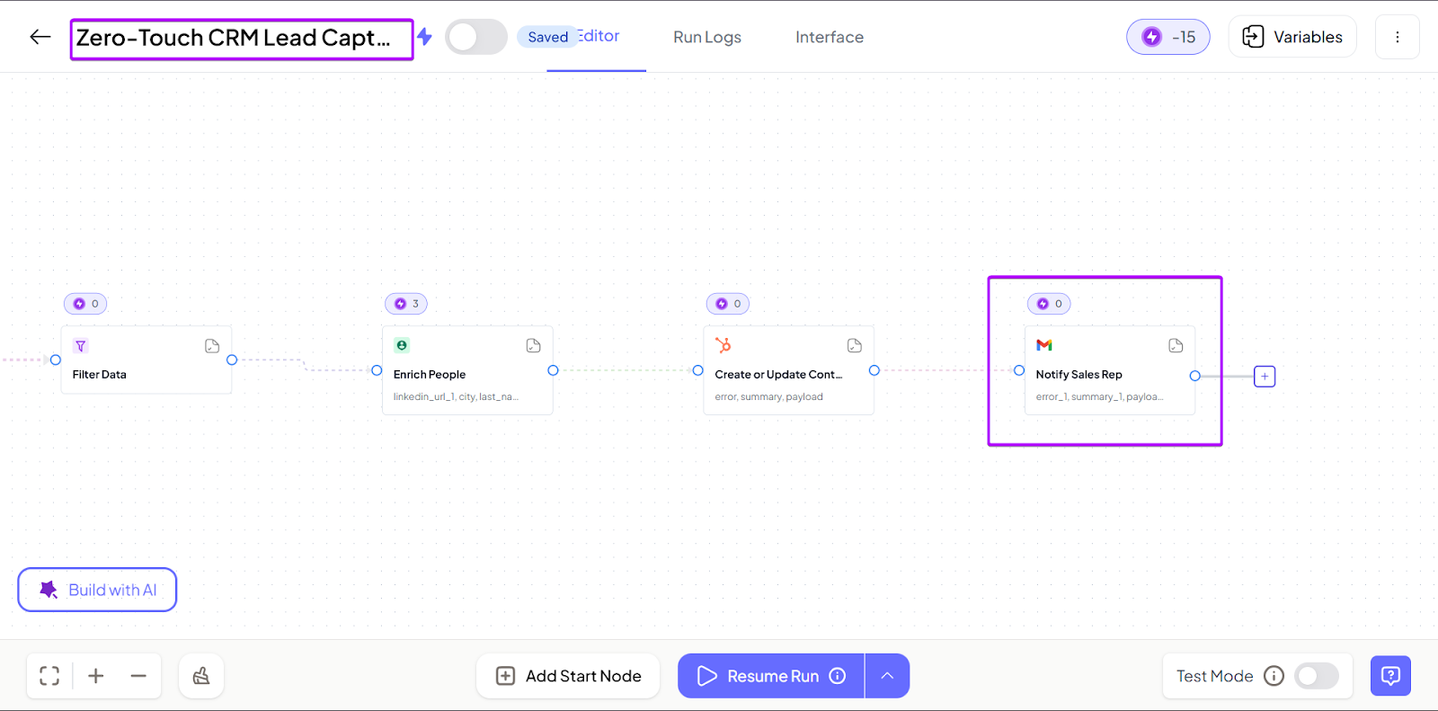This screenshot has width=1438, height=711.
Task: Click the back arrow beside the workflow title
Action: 40,37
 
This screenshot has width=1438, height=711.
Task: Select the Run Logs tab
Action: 707,37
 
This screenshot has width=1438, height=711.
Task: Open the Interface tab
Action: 829,37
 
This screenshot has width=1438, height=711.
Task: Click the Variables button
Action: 1292,37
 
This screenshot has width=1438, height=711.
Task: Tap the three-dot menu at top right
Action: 1397,37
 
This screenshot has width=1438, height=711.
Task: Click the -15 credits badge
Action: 1167,37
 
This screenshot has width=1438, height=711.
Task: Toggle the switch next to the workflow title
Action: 475,37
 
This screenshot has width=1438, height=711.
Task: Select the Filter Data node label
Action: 100,375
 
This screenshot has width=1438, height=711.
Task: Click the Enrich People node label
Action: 430,375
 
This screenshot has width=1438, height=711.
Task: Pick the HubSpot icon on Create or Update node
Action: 723,345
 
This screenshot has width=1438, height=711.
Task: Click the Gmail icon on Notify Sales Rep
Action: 1043,345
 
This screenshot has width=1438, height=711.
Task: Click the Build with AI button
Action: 97,590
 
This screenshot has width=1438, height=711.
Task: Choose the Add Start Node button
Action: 568,676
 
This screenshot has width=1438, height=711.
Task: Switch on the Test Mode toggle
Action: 1316,676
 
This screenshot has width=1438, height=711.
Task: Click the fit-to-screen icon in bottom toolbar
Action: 49,676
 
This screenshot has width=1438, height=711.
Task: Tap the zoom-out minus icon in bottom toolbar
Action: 138,676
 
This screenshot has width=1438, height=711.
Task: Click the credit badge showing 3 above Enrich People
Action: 406,304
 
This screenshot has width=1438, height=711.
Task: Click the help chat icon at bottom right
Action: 1390,676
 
